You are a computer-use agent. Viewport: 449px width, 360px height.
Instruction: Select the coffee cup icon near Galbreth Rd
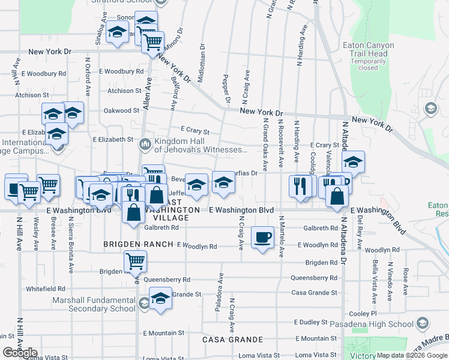click(262, 239)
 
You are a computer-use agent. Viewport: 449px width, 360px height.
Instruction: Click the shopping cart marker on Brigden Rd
click(135, 262)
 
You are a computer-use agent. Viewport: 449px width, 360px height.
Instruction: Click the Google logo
click(20, 353)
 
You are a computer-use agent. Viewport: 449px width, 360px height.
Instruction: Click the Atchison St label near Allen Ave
click(124, 91)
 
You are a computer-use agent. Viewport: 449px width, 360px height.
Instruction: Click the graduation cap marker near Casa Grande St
click(160, 299)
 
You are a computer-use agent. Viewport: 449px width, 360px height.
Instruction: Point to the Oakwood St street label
click(121, 110)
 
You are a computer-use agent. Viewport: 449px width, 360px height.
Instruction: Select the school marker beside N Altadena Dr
click(353, 162)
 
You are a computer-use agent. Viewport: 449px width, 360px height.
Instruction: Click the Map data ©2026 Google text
click(411, 355)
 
